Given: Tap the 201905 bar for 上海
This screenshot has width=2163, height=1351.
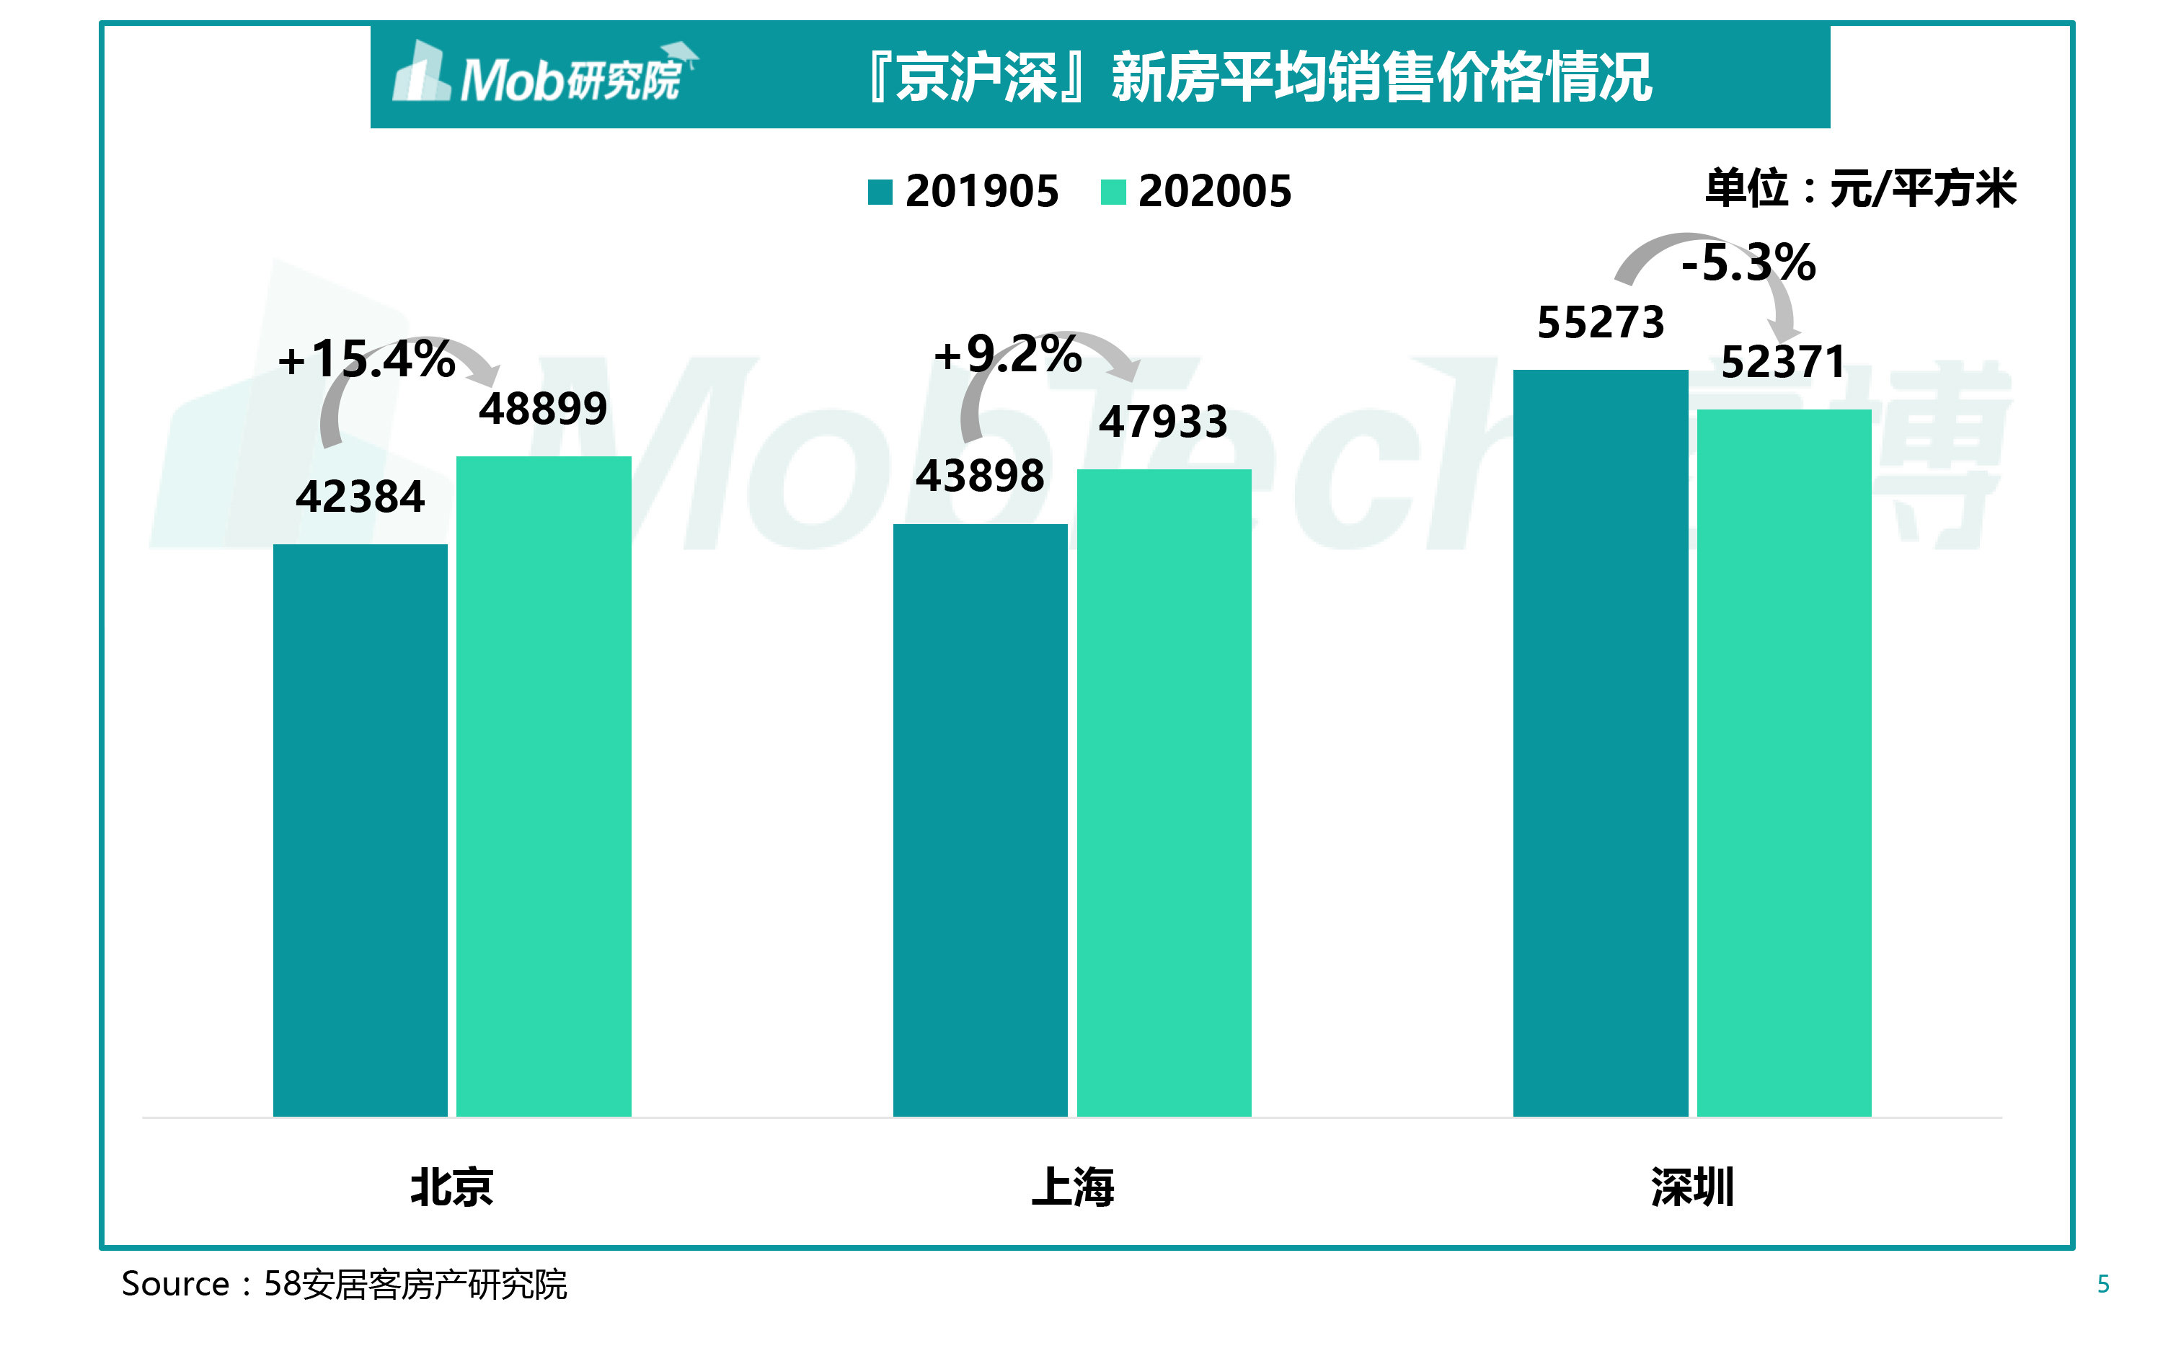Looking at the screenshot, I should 980,820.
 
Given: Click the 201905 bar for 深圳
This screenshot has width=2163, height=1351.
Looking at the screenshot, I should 1600,743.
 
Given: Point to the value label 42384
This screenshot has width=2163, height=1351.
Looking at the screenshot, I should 360,497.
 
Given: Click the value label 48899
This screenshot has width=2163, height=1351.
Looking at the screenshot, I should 543,409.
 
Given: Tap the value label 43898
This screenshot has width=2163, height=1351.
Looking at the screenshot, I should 980,475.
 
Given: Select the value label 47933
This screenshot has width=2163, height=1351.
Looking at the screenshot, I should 1163,422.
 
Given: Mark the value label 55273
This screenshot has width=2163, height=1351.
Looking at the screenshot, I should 1600,322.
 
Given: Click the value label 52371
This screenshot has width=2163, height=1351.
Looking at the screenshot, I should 1783,362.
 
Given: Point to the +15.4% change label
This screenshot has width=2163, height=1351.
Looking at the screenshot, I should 366,359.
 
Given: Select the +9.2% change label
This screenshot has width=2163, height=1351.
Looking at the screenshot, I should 1008,354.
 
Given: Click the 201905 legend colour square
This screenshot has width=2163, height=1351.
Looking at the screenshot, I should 880,192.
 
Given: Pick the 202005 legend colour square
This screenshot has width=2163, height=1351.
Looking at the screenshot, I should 1113,192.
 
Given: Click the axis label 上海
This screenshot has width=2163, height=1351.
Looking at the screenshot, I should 1072,1187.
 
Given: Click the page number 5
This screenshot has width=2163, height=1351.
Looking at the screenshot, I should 2103,1284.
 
